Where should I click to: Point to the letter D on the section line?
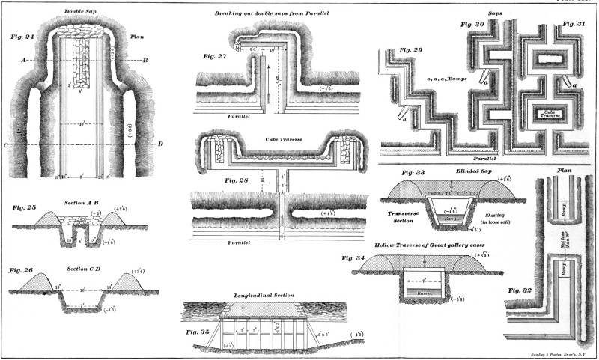pyautogui.click(x=159, y=144)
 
